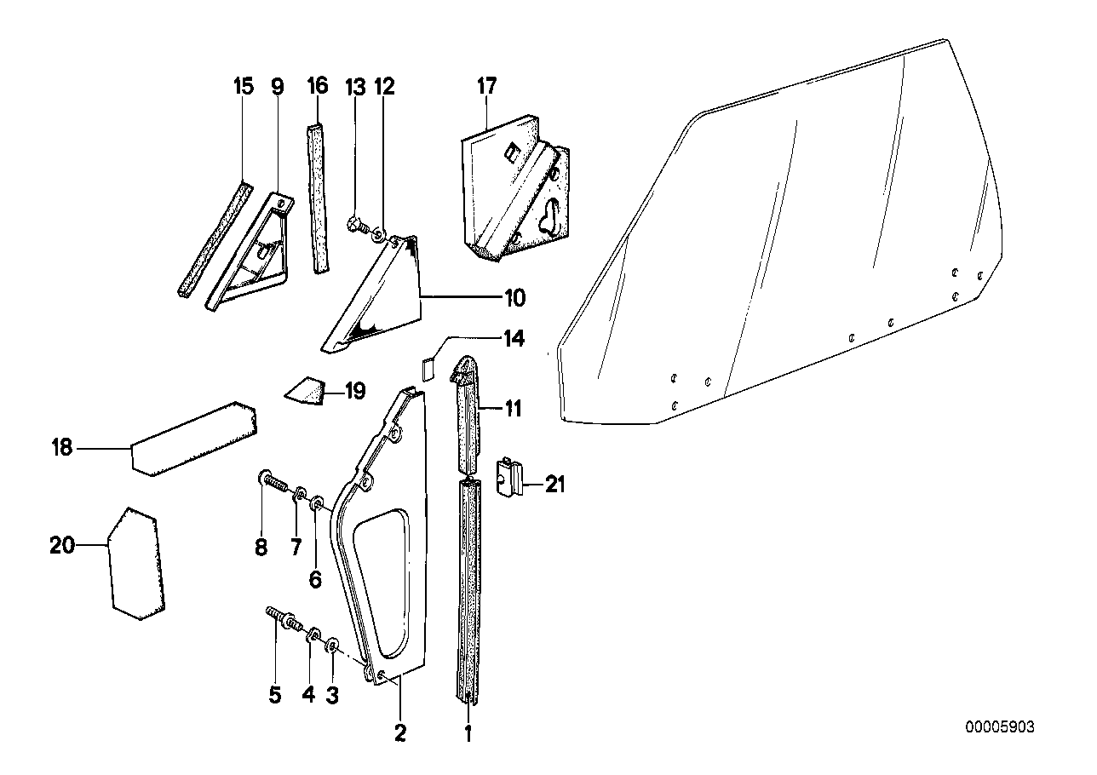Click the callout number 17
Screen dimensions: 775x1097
pos(486,86)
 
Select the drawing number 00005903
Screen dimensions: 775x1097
pos(1000,726)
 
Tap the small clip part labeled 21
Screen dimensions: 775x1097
pos(509,478)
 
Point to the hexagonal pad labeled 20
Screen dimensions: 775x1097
pos(137,562)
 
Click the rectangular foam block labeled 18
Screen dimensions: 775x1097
pos(193,437)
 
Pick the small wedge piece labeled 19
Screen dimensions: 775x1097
pos(307,392)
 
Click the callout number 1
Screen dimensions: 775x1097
pos(467,731)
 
